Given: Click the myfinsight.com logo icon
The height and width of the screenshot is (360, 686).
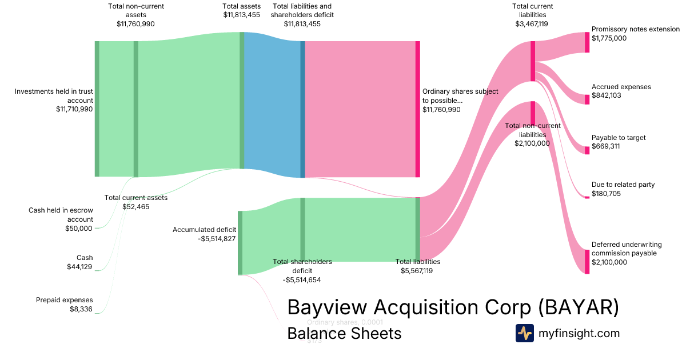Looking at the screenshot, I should pos(524,333).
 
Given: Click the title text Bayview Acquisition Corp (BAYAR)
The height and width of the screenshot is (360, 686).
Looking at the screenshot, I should pos(453,307).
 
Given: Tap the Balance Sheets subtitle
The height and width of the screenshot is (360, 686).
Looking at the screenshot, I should pos(344,333).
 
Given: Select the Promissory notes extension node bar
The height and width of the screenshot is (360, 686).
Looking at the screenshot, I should pos(587,42).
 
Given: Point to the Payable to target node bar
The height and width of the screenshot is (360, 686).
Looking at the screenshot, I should pos(587,150).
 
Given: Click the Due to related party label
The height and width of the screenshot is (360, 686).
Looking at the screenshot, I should pos(623,185).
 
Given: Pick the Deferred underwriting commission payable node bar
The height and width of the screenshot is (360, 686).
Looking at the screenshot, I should pos(587,262).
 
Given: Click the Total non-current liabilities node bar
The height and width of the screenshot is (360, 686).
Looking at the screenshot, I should pos(533,113).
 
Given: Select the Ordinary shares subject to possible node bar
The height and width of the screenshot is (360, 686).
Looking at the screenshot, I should pos(417,109).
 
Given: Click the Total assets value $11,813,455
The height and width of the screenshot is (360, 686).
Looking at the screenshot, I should pos(241,14).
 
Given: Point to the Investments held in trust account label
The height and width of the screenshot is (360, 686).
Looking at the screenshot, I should pos(54,95).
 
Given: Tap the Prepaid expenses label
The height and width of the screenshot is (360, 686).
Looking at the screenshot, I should pos(64,300).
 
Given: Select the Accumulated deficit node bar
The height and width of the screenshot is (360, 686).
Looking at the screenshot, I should pos(240,243).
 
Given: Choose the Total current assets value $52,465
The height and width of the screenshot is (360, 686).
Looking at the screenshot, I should pos(136,206).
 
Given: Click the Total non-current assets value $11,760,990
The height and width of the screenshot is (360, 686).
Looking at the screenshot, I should pos(135,24).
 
